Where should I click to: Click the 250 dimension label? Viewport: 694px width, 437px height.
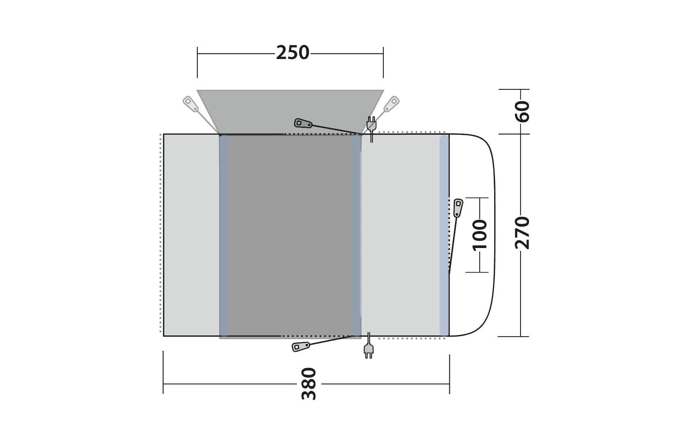pyautogui.click(x=292, y=53)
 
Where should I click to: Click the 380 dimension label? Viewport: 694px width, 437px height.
pyautogui.click(x=309, y=384)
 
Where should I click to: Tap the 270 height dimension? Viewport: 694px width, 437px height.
pyautogui.click(x=522, y=233)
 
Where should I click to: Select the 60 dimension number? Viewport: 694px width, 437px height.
pyautogui.click(x=523, y=111)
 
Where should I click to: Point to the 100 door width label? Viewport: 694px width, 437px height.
pyautogui.click(x=480, y=235)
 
